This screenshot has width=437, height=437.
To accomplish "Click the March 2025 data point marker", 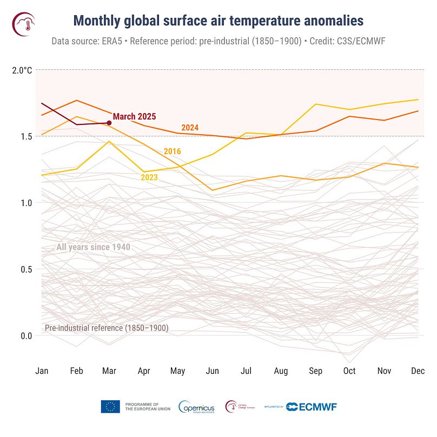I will click(109, 123).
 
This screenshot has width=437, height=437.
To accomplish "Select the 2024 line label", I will click(190, 128).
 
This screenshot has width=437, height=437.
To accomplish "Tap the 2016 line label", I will click(172, 151).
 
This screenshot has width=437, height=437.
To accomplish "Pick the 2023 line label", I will click(149, 176).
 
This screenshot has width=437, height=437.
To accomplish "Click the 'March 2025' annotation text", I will click(134, 116).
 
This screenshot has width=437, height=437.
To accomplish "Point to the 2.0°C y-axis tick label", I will click(22, 70).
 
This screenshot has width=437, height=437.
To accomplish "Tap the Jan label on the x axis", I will click(42, 370).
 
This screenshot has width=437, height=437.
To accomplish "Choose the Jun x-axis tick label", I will click(213, 370).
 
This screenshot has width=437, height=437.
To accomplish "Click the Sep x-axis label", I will click(315, 370).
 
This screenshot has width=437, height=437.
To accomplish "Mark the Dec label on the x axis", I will click(418, 370).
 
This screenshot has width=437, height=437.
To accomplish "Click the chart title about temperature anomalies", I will click(219, 21).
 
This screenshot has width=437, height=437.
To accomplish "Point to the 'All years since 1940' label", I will click(93, 247).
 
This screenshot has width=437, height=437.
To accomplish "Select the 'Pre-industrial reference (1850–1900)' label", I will click(107, 328).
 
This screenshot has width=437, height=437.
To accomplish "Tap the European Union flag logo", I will click(110, 407).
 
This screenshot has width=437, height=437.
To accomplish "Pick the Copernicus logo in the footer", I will click(196, 407).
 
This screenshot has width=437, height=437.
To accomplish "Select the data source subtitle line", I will click(219, 41).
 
